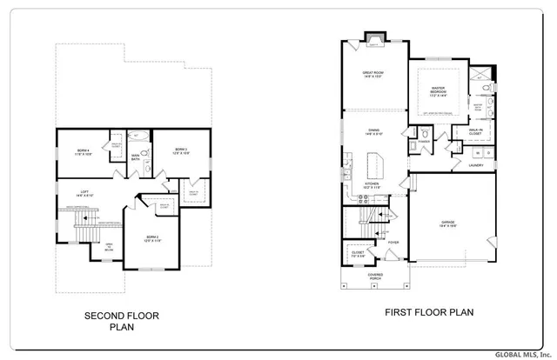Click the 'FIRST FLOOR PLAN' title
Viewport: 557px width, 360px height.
429,311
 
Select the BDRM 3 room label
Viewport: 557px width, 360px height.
180,150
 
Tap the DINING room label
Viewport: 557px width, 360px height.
374,133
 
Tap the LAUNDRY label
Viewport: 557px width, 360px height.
475,164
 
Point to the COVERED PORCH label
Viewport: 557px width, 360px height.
375,277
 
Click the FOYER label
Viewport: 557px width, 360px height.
393,243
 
